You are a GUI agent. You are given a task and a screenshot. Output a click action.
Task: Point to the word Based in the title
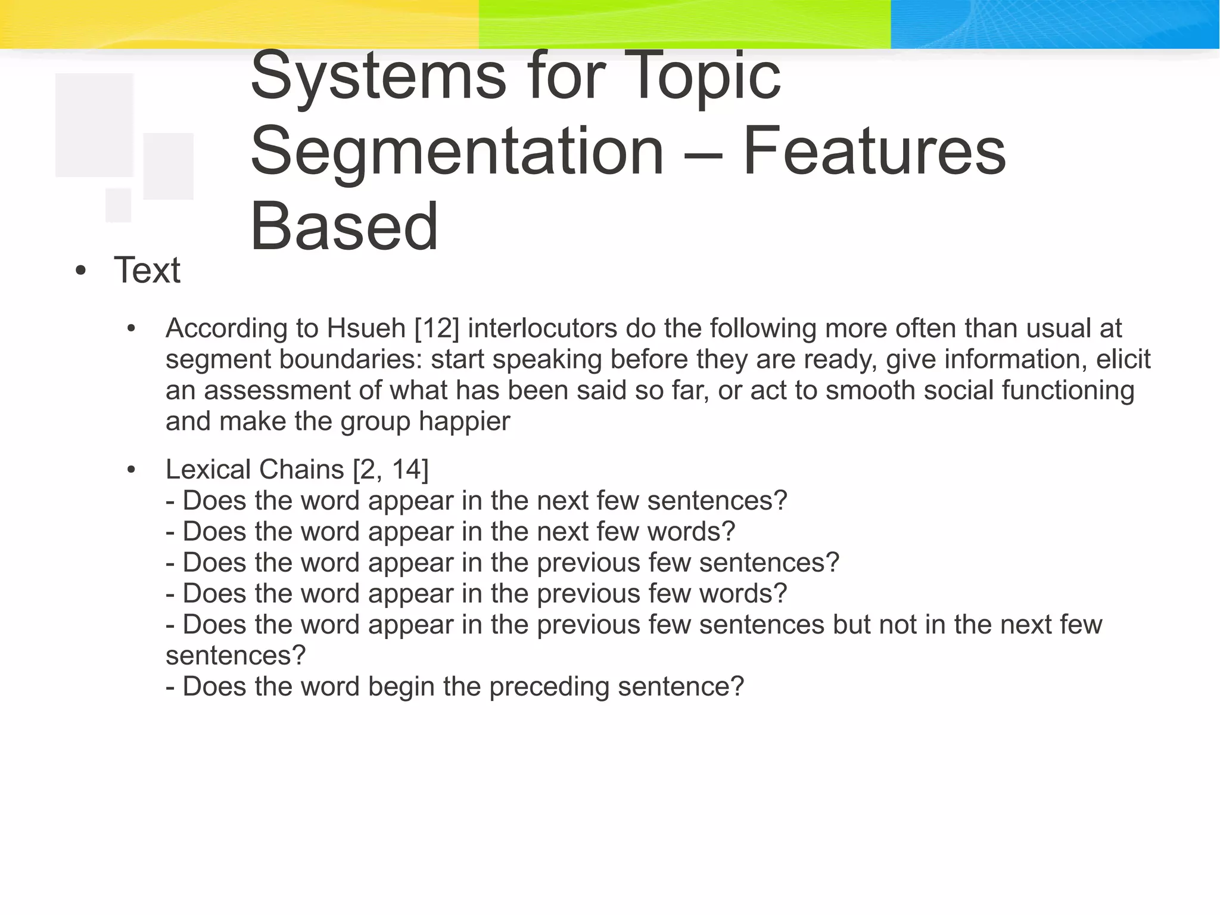click(x=344, y=227)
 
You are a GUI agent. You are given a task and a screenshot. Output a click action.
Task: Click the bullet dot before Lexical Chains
click(x=132, y=470)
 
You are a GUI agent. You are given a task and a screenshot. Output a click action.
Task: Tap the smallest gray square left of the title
click(x=119, y=205)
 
